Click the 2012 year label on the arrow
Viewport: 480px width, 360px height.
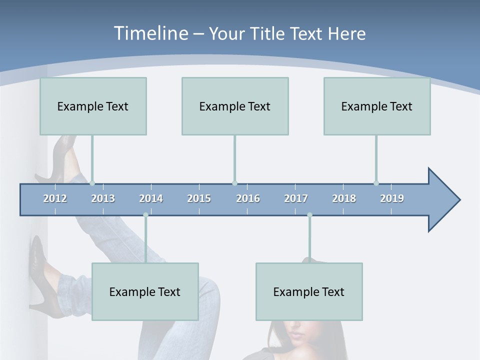click(55, 198)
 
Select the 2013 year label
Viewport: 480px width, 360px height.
click(103, 198)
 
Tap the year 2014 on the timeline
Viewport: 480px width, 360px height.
click(151, 198)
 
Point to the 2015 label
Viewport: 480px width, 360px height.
click(199, 198)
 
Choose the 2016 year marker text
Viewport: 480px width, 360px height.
click(248, 198)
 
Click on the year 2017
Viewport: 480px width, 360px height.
click(296, 198)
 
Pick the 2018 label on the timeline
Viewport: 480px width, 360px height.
click(344, 198)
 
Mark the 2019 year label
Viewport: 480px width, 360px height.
click(392, 198)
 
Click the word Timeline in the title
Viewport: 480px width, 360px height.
click(150, 33)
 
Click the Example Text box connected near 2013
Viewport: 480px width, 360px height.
click(93, 106)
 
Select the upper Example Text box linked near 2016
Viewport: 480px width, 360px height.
click(235, 106)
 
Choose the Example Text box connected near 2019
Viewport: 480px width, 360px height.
click(377, 106)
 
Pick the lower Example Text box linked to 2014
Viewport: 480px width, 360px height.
click(145, 291)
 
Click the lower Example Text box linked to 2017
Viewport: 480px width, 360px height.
click(309, 291)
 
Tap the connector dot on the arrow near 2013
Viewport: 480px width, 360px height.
click(92, 183)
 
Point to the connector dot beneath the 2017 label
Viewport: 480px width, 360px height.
click(309, 215)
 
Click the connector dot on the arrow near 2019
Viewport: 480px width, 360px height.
click(376, 183)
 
